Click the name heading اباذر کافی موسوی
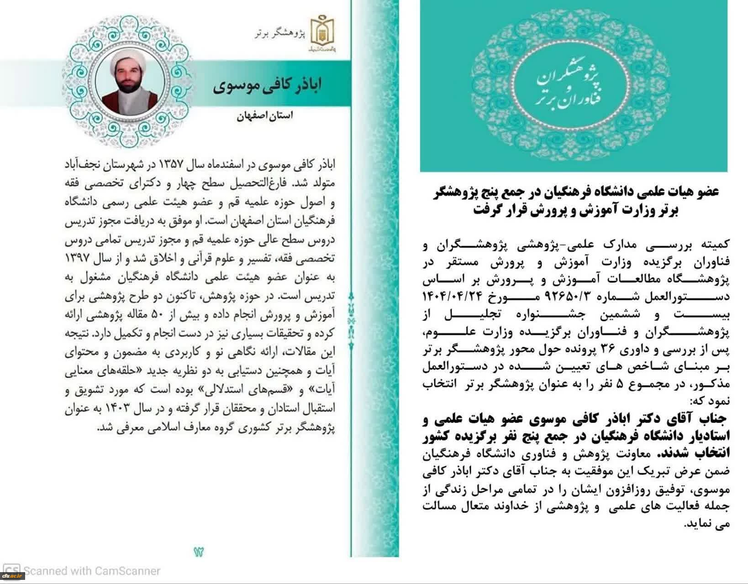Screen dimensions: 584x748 click(267, 85)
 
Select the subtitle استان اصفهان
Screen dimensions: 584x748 click(265, 115)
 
